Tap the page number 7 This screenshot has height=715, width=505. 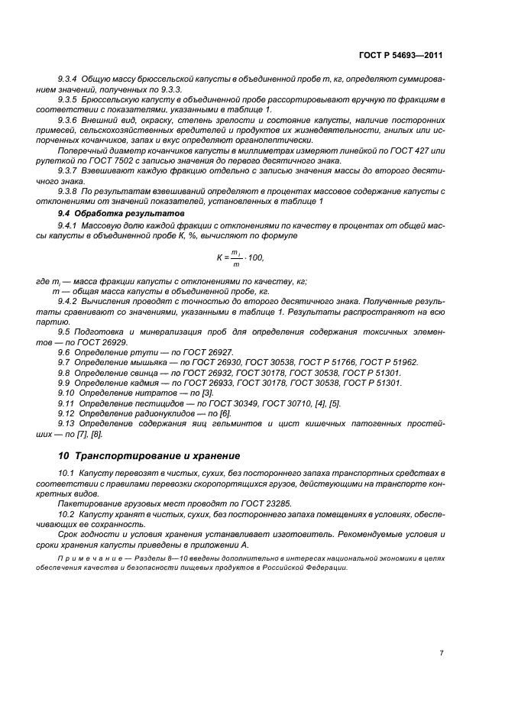pyautogui.click(x=442, y=652)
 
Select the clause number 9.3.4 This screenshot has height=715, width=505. pyautogui.click(x=70, y=79)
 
